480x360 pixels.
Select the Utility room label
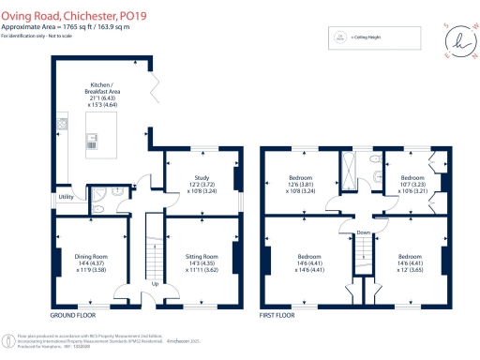pyautogui.click(x=66, y=198)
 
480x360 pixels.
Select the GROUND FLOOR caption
pyautogui.click(x=73, y=316)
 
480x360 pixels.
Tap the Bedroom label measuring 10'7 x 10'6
pyautogui.click(x=412, y=184)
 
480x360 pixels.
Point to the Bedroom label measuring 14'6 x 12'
pyautogui.click(x=415, y=262)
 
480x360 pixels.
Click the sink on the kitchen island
pyautogui.click(x=93, y=141)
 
